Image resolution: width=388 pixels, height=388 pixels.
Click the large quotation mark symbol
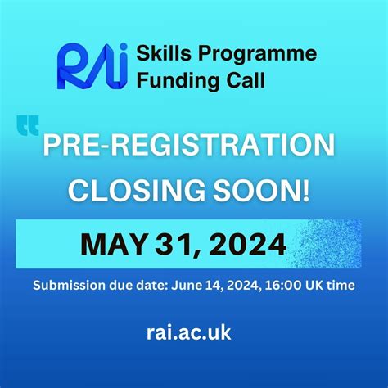point(27,126)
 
